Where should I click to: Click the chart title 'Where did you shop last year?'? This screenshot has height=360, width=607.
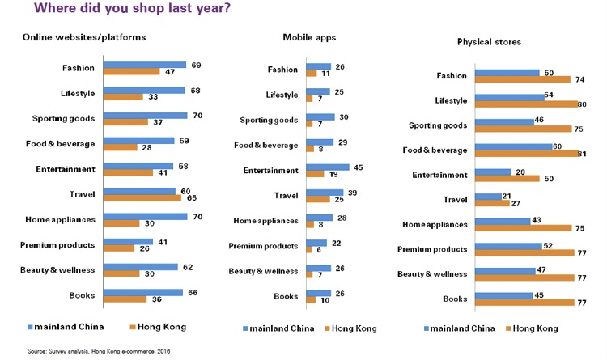pyautogui.click(x=132, y=8)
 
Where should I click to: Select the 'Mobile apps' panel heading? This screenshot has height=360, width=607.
pyautogui.click(x=309, y=37)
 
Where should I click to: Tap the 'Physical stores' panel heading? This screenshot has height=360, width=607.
pyautogui.click(x=489, y=42)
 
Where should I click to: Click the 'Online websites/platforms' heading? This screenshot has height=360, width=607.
pyautogui.click(x=84, y=37)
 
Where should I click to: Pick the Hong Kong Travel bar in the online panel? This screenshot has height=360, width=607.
pyautogui.click(x=142, y=198)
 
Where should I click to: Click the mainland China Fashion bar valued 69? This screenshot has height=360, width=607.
pyautogui.click(x=145, y=65)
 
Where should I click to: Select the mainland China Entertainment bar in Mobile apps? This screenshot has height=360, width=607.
pyautogui.click(x=328, y=167)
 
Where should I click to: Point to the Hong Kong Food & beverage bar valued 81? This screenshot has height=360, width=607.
pyautogui.click(x=527, y=154)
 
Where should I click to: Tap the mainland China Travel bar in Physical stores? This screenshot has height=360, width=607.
pyautogui.click(x=488, y=197)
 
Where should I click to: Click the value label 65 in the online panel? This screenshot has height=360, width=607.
pyautogui.click(x=192, y=198)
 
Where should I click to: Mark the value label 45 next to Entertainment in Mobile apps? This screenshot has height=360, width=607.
pyautogui.click(x=358, y=167)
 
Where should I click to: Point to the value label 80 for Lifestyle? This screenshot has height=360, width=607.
pyautogui.click(x=582, y=104)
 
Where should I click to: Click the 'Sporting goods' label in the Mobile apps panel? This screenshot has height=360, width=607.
pyautogui.click(x=269, y=120)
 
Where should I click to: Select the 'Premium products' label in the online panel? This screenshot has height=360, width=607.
pyautogui.click(x=57, y=245)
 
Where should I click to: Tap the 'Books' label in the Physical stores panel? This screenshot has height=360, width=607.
pyautogui.click(x=455, y=299)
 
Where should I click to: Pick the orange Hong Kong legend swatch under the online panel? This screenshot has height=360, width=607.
pyautogui.click(x=133, y=327)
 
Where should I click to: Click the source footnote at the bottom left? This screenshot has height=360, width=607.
pyautogui.click(x=98, y=351)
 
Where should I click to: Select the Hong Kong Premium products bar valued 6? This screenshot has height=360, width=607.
pyautogui.click(x=309, y=250)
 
